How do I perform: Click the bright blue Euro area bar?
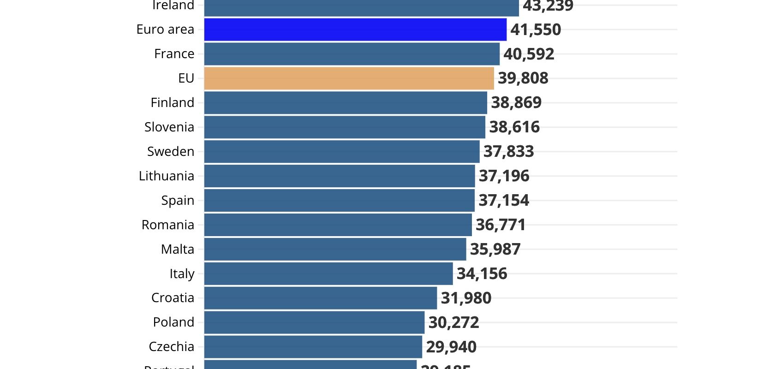pos(355,30)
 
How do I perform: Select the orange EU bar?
pos(349,78)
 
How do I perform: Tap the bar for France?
pos(352,54)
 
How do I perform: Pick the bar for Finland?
pos(346,103)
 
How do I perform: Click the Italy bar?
pos(328,274)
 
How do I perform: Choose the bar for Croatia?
pos(321,298)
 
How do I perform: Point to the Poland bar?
pos(314,322)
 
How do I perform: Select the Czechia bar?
pos(313,347)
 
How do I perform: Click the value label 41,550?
pos(536,30)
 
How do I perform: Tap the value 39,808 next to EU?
pos(523,78)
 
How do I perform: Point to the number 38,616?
pos(514,127)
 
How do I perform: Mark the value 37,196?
pos(504,176)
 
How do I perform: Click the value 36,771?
pos(501,225)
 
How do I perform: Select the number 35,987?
pos(495,249)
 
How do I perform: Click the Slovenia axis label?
pos(169,127)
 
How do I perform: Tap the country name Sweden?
pos(171,152)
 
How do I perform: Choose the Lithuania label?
pos(167,176)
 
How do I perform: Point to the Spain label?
pos(178,201)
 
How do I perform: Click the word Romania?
pos(168,225)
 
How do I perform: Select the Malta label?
pos(178,250)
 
